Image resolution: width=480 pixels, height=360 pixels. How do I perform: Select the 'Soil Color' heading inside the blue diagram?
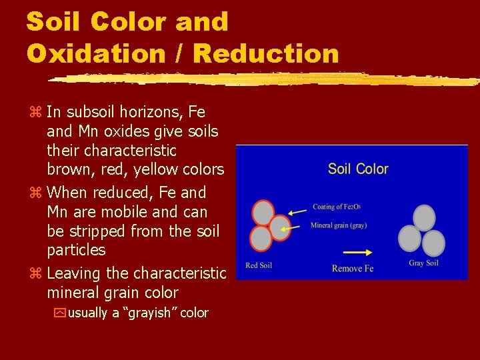click(358, 169)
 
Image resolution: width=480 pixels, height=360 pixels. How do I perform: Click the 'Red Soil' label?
click(259, 266)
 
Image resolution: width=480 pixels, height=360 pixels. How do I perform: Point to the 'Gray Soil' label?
click(423, 263)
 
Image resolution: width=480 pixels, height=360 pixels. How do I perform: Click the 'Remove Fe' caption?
click(353, 268)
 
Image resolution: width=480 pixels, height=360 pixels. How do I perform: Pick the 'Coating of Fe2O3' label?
click(337, 207)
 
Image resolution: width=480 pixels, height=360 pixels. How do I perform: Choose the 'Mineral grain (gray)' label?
click(339, 225)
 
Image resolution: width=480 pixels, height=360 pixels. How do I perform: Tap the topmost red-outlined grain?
click(263, 213)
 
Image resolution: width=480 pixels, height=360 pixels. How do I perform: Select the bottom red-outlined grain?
click(261, 239)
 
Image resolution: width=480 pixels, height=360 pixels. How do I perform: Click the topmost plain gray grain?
click(424, 217)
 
